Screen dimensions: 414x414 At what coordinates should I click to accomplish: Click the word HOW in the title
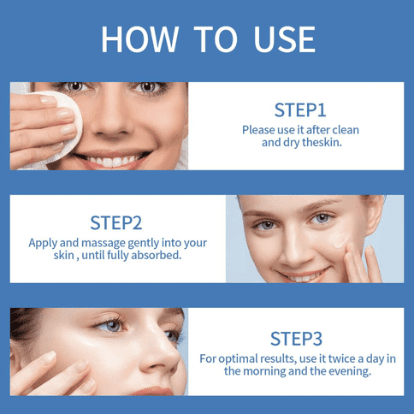140,39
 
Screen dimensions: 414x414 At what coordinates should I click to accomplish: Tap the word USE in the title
284,39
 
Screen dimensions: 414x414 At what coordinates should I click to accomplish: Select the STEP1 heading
300,110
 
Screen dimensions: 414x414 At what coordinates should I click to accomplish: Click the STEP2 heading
115,222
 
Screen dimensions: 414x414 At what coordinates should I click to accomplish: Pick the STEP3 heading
296,339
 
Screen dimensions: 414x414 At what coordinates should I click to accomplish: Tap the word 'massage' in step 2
103,243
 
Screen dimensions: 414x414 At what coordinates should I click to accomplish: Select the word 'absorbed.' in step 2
157,255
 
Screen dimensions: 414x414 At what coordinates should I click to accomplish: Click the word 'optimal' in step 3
238,359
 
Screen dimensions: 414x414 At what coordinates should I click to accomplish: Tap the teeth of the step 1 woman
112,161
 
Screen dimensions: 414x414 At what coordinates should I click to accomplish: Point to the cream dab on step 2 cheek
340,240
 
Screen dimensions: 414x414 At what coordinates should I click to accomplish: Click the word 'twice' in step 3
341,358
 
